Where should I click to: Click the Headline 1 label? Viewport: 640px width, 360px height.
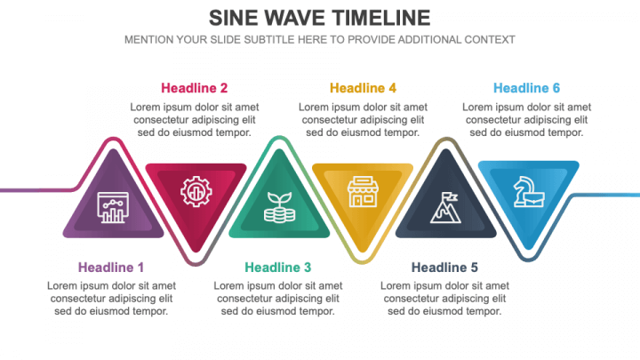[110, 268]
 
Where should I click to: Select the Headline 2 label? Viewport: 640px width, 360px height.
[194, 88]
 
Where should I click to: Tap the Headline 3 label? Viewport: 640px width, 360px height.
[277, 268]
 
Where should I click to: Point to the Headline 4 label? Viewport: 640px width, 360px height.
[363, 88]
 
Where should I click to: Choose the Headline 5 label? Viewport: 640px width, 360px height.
[444, 268]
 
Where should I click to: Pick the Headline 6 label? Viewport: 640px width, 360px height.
[526, 88]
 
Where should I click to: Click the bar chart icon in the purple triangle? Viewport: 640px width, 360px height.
[113, 207]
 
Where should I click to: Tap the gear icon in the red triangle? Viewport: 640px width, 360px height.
[196, 191]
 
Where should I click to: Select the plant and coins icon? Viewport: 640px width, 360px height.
[279, 207]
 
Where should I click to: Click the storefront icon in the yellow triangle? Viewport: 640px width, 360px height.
[363, 191]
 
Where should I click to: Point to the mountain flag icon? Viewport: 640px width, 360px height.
[445, 208]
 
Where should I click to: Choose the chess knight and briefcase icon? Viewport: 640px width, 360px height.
[529, 191]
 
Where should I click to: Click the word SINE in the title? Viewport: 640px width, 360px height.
[233, 19]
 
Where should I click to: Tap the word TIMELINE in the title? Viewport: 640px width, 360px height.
[380, 19]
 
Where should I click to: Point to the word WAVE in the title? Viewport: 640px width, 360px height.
[294, 19]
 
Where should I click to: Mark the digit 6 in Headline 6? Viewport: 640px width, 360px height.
[556, 88]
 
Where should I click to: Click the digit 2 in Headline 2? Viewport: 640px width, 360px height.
[224, 88]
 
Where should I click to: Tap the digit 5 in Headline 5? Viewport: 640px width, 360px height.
[474, 268]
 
